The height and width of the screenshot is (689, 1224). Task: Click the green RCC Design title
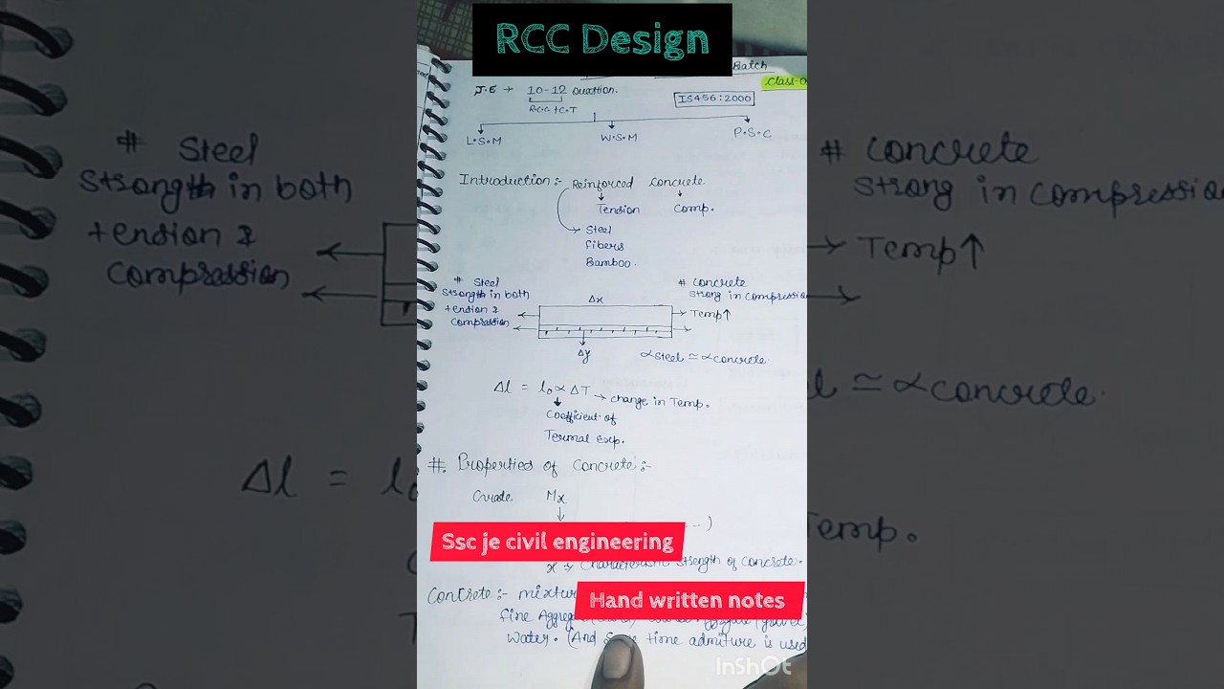point(602,40)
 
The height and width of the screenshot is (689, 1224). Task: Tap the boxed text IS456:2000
point(713,99)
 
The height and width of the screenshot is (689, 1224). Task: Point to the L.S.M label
point(484,140)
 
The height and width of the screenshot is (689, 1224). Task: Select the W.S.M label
point(619,137)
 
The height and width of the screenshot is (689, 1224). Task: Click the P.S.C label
point(752,133)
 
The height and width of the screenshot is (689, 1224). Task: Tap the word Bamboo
point(608,262)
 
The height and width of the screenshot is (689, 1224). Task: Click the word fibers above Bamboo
point(604,245)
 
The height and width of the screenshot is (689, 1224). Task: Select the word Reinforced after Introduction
point(602,183)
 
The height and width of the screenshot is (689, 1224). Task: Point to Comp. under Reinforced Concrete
point(693,208)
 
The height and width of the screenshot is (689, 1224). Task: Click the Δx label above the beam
point(596,300)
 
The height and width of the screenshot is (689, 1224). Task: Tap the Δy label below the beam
point(583,354)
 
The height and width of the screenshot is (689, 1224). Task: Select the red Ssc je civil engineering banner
point(557,542)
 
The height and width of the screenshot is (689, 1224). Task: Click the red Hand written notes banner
point(688,601)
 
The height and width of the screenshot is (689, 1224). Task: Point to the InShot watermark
point(754,666)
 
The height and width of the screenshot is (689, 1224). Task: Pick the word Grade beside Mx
point(492,497)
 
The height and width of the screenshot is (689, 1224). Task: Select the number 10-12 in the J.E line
point(546,90)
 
